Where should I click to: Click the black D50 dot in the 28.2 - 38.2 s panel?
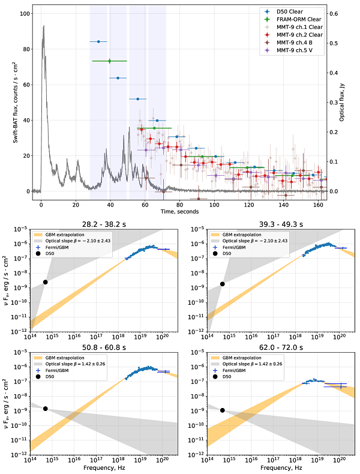tap(45, 282)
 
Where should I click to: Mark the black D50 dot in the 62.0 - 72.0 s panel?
tap(223, 410)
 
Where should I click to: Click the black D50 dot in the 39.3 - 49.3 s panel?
tap(223, 284)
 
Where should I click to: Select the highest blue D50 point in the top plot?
tap(98, 41)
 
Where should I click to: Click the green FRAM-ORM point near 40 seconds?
tap(109, 61)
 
